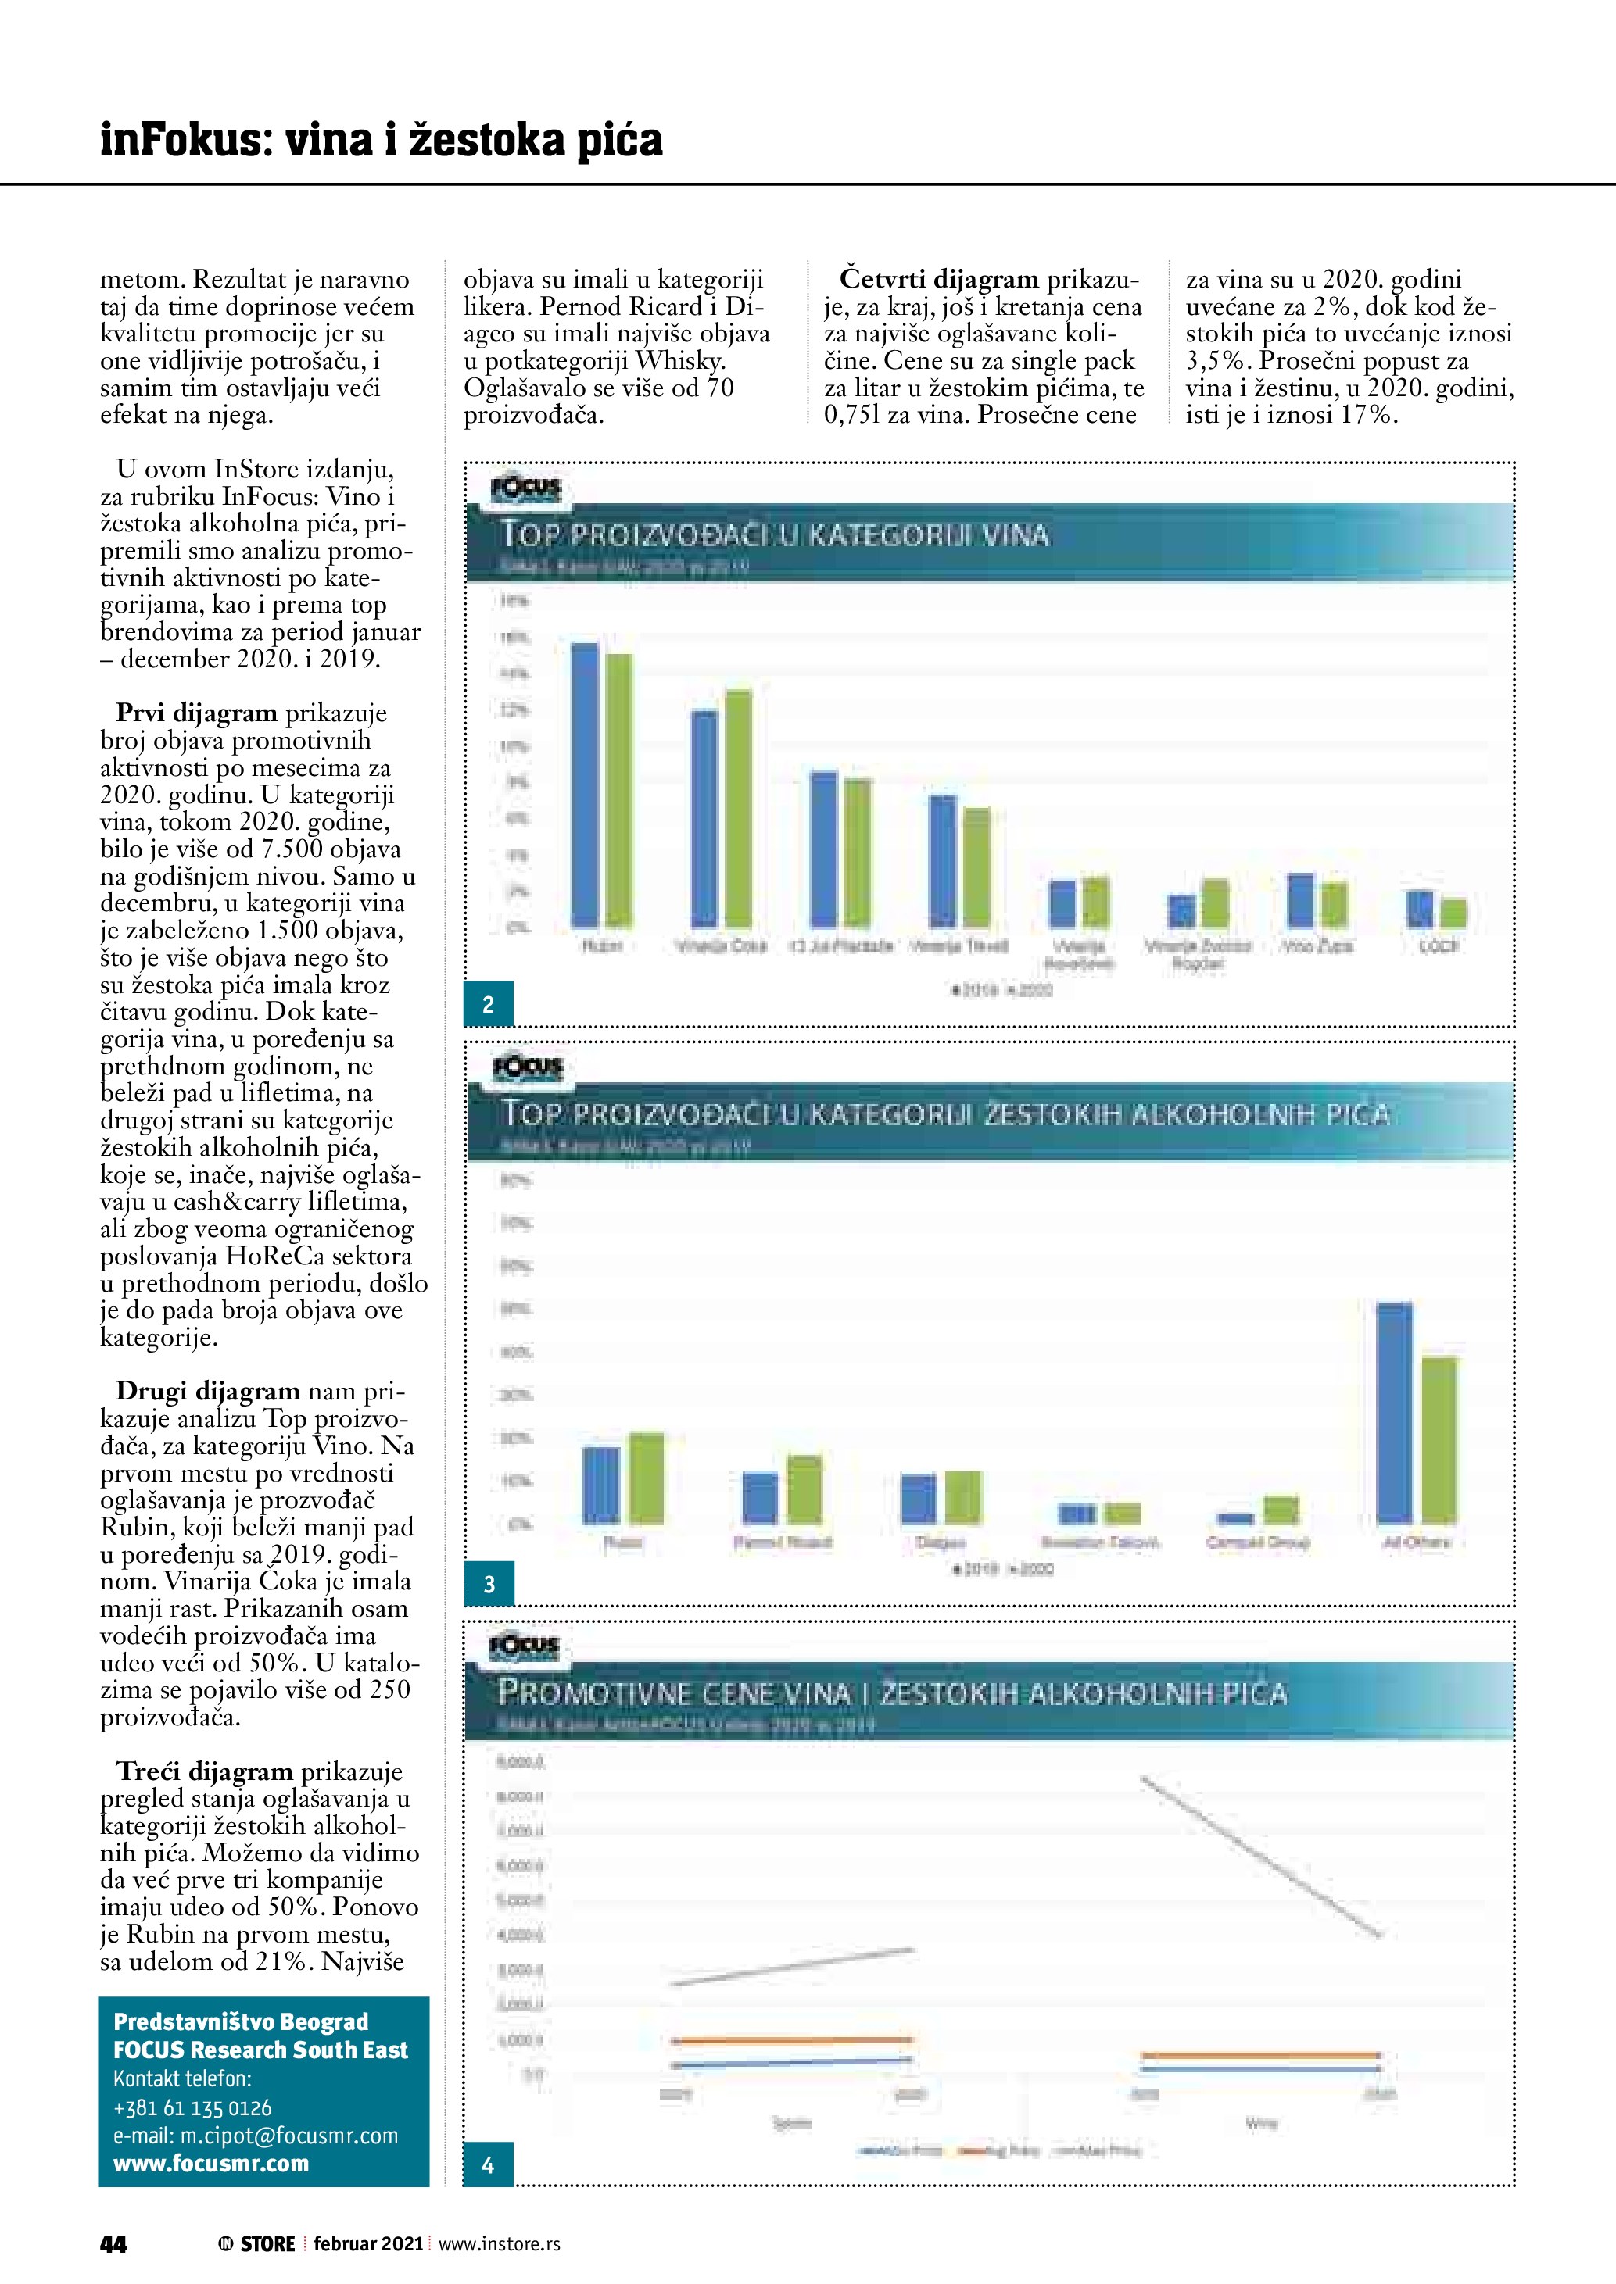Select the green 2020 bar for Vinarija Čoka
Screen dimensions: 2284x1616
click(738, 808)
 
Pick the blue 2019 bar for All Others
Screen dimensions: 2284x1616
click(1394, 1413)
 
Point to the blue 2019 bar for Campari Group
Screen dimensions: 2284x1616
click(1235, 1519)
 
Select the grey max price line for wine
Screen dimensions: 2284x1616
click(1261, 1857)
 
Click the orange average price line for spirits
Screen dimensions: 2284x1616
click(791, 2040)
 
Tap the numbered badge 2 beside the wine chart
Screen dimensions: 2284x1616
click(488, 1004)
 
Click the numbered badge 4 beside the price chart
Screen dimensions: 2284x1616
click(488, 2164)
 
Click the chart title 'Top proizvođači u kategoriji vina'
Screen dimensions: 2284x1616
click(774, 535)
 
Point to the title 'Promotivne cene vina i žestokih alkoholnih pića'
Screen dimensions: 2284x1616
click(893, 1692)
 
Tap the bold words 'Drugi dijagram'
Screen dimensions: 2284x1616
click(208, 1391)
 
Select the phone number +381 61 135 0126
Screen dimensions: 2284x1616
click(192, 2108)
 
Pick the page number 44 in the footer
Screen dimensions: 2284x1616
click(113, 2244)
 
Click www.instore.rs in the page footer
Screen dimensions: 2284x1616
click(500, 2244)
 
